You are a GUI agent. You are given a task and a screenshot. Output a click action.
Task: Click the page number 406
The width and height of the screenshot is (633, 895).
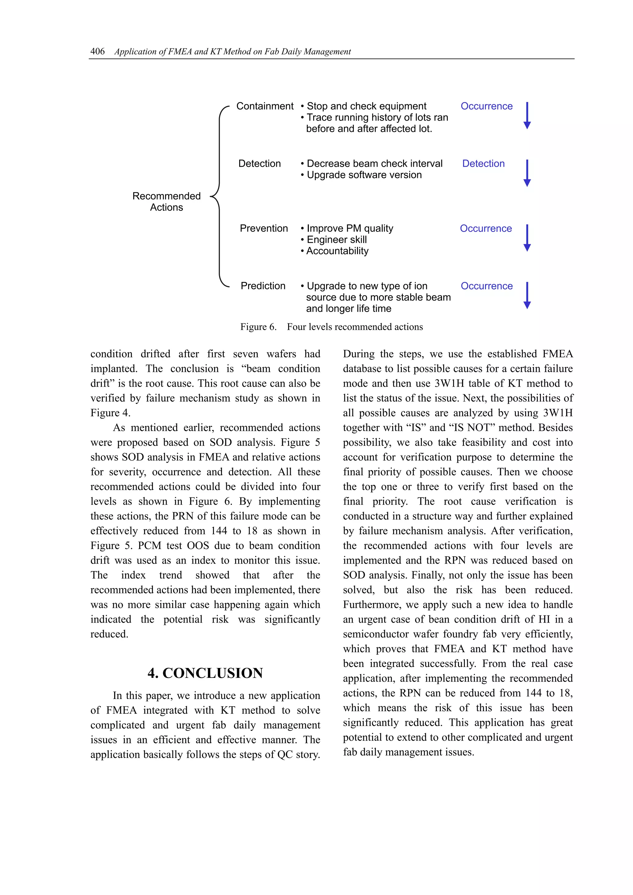coord(97,51)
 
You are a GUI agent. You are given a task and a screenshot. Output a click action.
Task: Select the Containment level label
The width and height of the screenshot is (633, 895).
coord(265,106)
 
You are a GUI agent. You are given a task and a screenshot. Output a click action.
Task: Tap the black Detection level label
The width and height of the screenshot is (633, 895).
coord(259,163)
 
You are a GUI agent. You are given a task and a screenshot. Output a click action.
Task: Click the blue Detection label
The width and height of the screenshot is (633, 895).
coord(483,163)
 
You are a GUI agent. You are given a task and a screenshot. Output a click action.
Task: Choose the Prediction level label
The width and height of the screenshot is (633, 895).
coord(263,286)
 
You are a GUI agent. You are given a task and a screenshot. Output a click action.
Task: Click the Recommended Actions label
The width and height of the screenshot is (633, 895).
coord(167,202)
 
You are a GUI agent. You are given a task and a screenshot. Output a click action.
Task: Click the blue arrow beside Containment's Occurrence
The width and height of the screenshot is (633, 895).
coord(527,116)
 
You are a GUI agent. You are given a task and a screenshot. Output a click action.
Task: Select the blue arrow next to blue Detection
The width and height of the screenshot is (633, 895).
coord(527,173)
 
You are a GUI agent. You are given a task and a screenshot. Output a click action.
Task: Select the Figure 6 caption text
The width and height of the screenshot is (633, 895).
coord(332,327)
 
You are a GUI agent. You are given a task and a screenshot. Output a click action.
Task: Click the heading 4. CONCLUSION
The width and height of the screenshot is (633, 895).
coord(205,673)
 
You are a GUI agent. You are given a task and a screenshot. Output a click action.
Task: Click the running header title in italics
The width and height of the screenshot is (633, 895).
coord(232,52)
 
